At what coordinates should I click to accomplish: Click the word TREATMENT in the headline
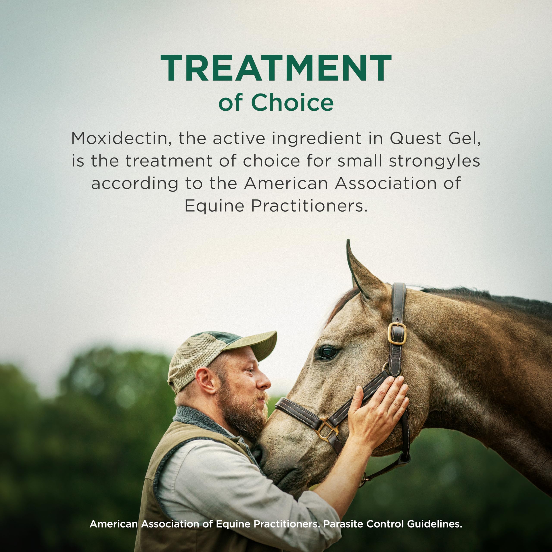tap(276, 68)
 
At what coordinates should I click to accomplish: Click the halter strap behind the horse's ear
tap(398, 303)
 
